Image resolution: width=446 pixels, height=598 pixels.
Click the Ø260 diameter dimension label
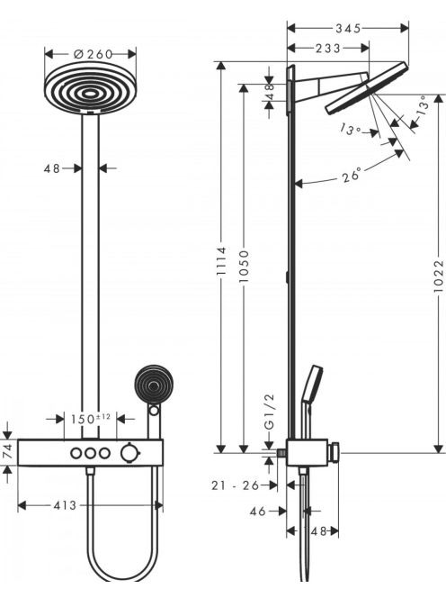[x=93, y=55]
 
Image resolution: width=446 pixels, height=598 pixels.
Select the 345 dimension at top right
[x=348, y=28]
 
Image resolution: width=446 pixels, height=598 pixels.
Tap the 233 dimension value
[x=328, y=49]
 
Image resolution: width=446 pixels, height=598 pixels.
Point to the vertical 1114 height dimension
[x=221, y=261]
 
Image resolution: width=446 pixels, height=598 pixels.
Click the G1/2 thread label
[x=269, y=412]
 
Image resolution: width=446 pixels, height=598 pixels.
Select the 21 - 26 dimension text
[x=235, y=485]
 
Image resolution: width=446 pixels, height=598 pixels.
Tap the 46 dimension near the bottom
[x=258, y=511]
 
